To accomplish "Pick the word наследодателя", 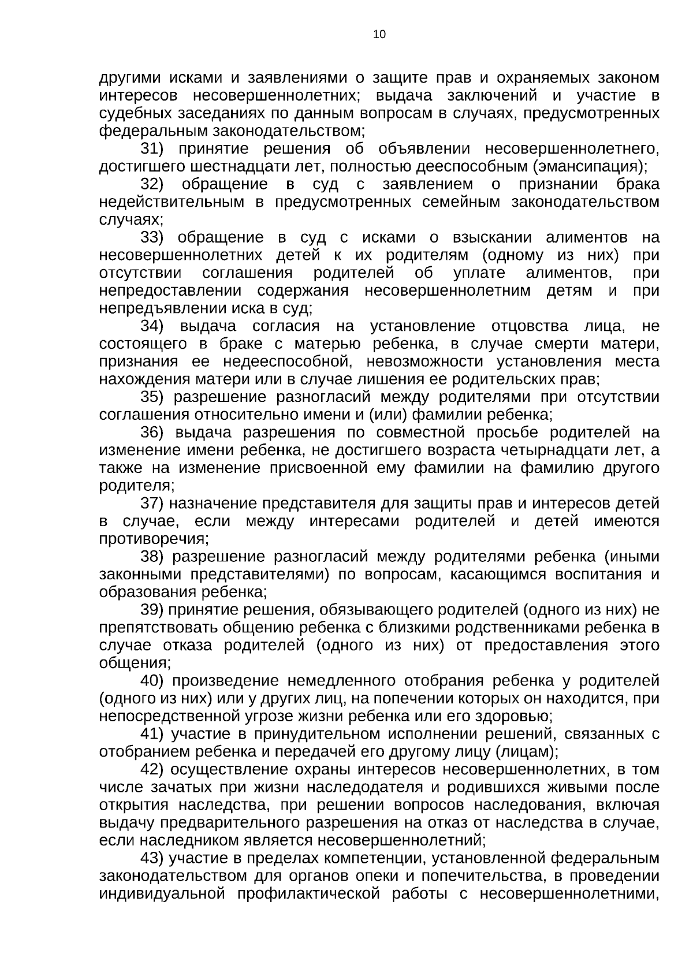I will click(x=364, y=788).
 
